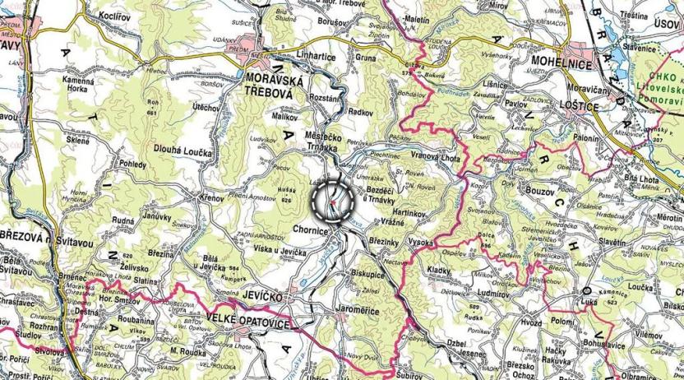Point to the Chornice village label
[x=311, y=233]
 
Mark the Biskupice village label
[x=369, y=275]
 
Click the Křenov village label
[x=211, y=198]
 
